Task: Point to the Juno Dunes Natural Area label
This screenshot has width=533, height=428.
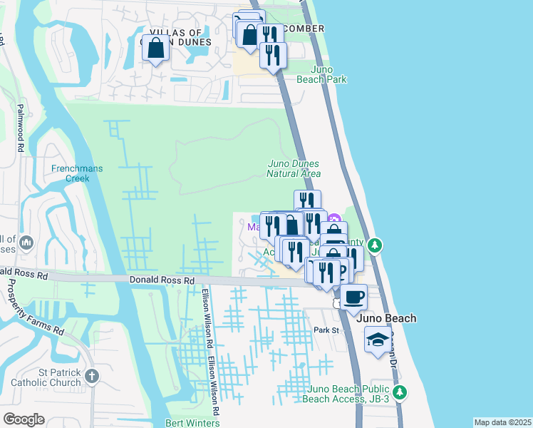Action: [x=294, y=168]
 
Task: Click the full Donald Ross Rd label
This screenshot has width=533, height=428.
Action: [x=162, y=281]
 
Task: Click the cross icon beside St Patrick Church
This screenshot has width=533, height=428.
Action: [x=91, y=376]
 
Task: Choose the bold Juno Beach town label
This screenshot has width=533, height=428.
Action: [x=388, y=318]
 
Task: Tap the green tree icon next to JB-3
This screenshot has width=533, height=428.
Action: [x=400, y=392]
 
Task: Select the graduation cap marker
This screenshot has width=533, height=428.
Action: [x=378, y=340]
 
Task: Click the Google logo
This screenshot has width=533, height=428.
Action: [x=24, y=419]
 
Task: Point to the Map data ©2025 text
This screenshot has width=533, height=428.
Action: [x=502, y=422]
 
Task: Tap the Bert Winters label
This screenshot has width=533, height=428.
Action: [x=190, y=422]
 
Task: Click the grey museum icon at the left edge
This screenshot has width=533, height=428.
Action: [x=28, y=244]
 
